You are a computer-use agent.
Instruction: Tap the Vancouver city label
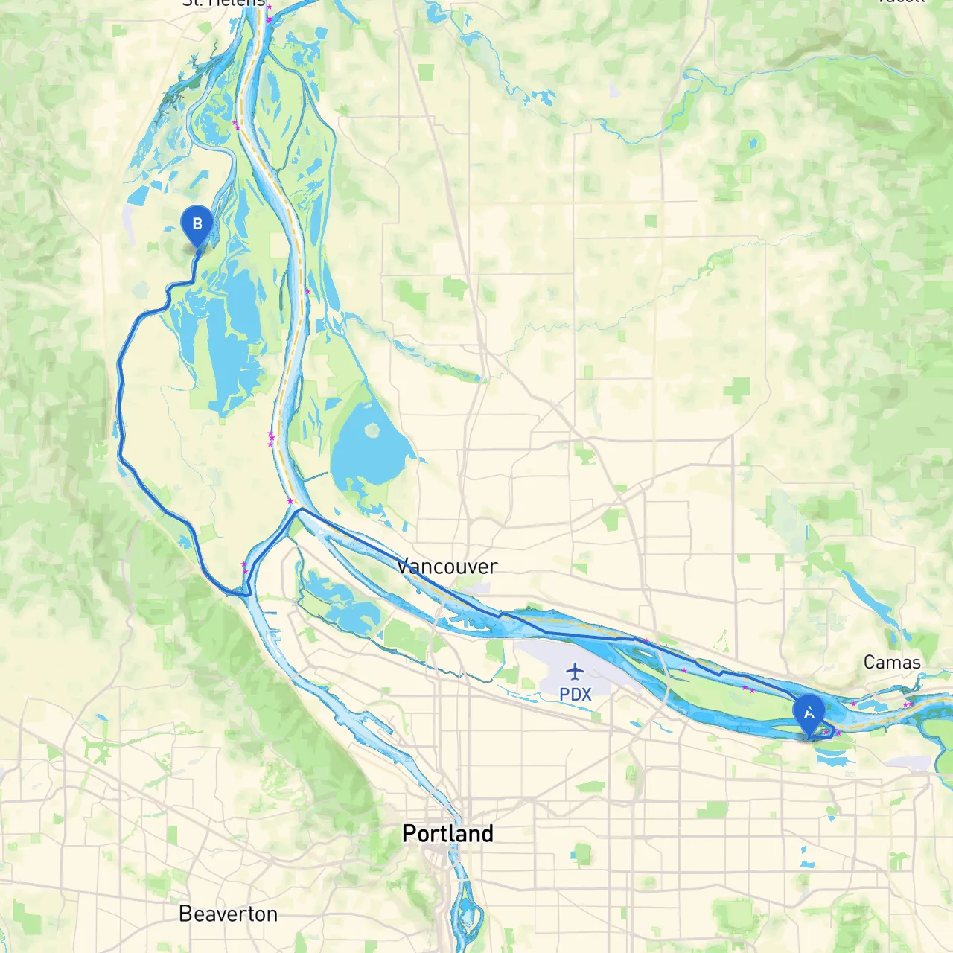pyautogui.click(x=447, y=567)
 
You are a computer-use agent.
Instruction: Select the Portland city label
pyautogui.click(x=447, y=833)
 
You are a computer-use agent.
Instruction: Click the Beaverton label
pyautogui.click(x=228, y=914)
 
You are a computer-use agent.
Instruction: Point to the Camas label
pyautogui.click(x=892, y=662)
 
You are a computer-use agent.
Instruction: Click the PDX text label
pyautogui.click(x=575, y=694)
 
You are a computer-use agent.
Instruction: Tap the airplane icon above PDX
pyautogui.click(x=575, y=672)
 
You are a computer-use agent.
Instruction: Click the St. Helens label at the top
pyautogui.click(x=223, y=3)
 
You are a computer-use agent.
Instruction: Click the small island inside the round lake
pyautogui.click(x=372, y=430)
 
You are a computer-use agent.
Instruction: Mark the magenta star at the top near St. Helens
pyautogui.click(x=269, y=9)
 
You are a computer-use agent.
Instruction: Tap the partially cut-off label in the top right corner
pyautogui.click(x=901, y=1)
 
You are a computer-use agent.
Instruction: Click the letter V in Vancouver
pyautogui.click(x=403, y=567)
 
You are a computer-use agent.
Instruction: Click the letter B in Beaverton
pyautogui.click(x=185, y=914)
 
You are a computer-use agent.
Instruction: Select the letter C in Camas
pyautogui.click(x=869, y=662)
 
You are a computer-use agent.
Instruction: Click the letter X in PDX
pyautogui.click(x=587, y=694)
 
